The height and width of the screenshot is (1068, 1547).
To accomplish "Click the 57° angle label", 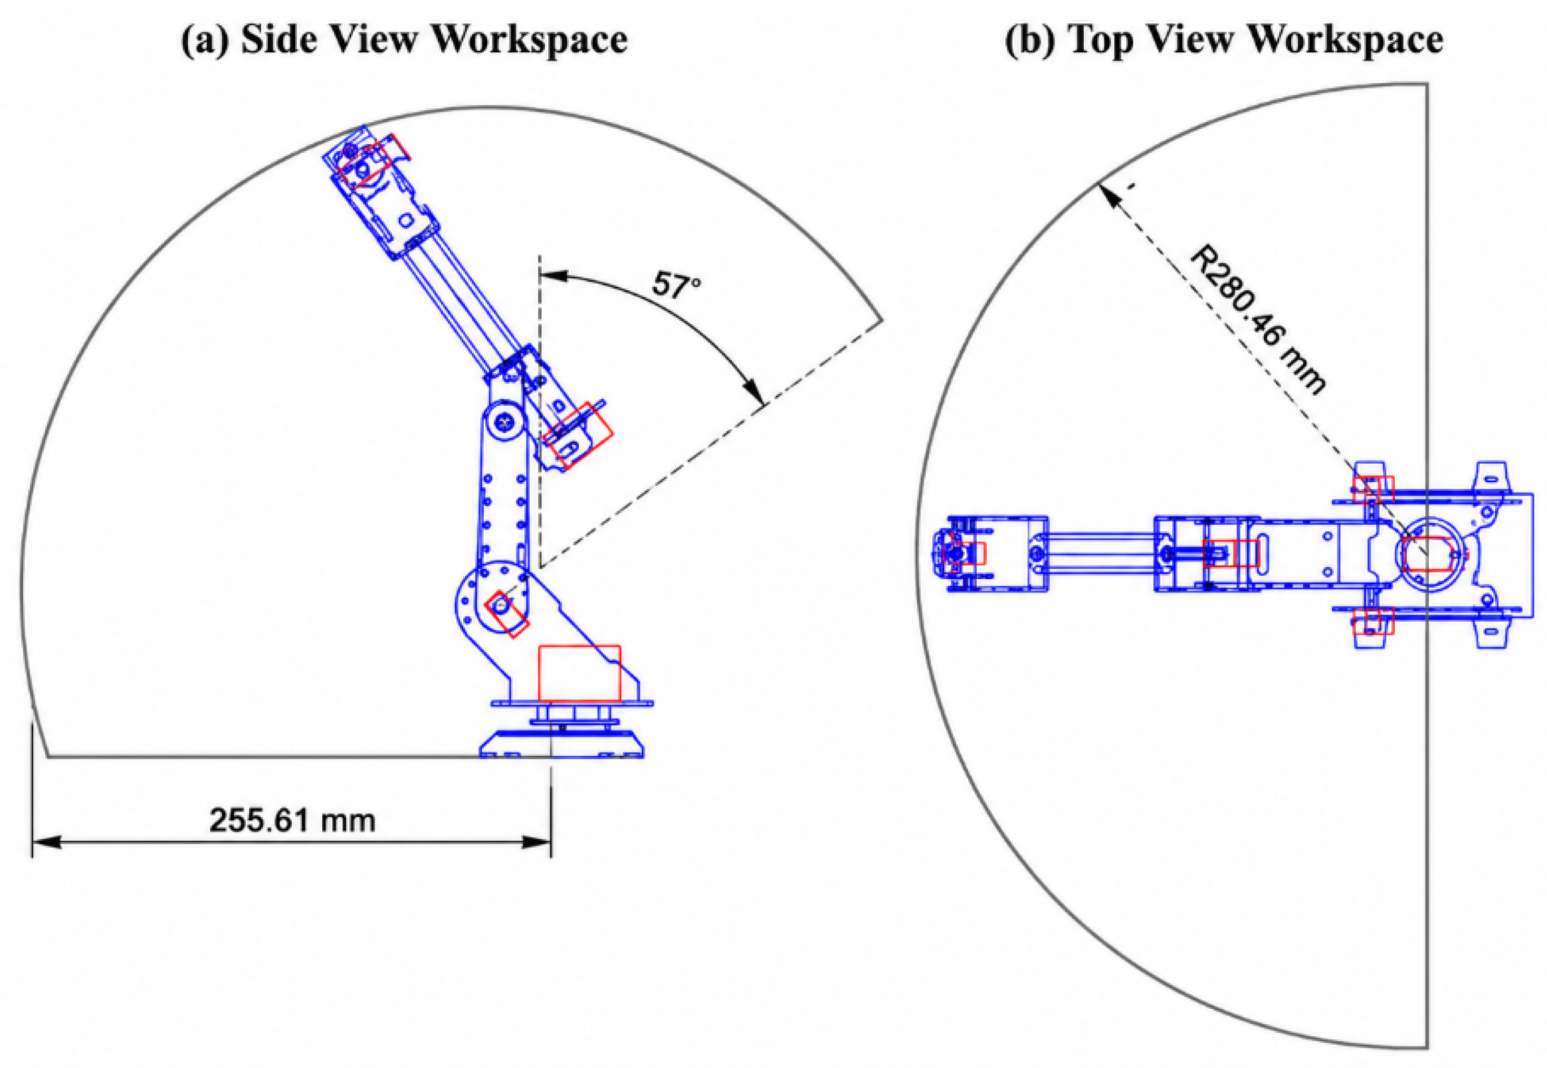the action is coord(676,284).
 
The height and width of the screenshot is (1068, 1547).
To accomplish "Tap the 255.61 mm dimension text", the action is coord(292,820).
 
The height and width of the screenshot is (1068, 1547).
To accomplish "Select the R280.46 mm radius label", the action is coord(1257,321).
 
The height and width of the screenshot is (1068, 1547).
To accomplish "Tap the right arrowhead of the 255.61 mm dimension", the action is coord(536,842).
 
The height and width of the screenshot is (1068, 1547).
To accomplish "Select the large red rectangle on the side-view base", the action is coord(579,673).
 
